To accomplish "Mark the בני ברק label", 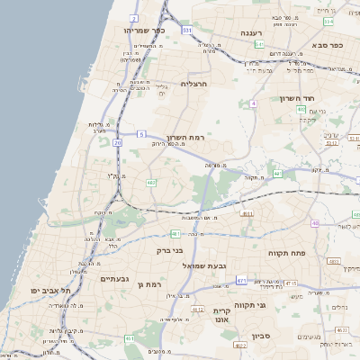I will pyautogui.click(x=169, y=251).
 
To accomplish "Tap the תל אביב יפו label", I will pyautogui.click(x=47, y=291).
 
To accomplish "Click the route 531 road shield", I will pyautogui.click(x=186, y=30).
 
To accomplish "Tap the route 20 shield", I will pyautogui.click(x=118, y=142).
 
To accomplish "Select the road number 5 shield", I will pyautogui.click(x=141, y=134).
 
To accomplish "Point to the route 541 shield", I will pyautogui.click(x=258, y=43).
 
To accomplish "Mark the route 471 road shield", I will pyautogui.click(x=241, y=281).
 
